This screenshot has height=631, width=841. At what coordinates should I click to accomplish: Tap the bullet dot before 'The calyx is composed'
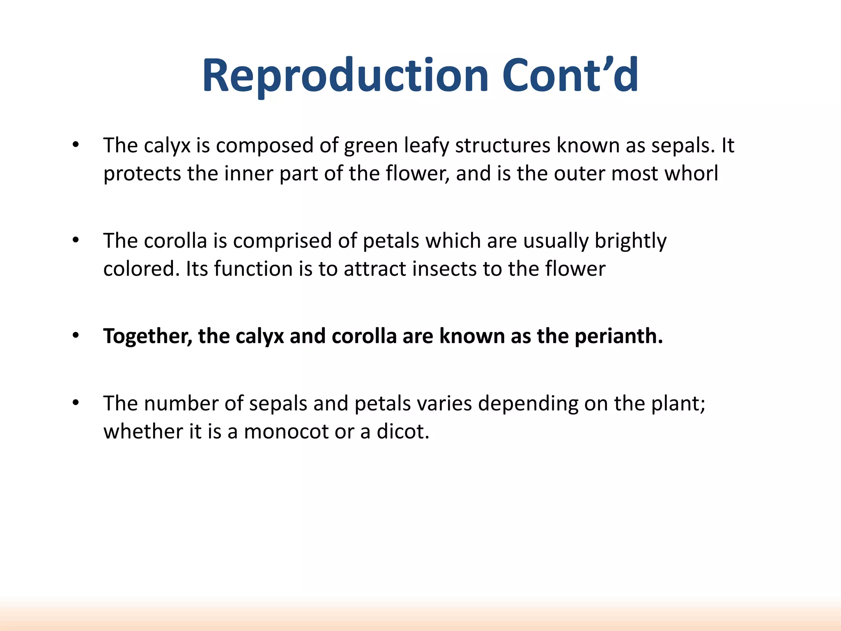75,145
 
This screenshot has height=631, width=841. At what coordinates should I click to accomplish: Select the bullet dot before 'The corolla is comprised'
75,240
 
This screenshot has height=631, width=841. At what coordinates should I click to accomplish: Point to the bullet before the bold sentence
75,336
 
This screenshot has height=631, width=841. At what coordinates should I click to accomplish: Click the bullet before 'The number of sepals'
75,403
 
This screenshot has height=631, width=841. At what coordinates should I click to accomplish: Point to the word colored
141,269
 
